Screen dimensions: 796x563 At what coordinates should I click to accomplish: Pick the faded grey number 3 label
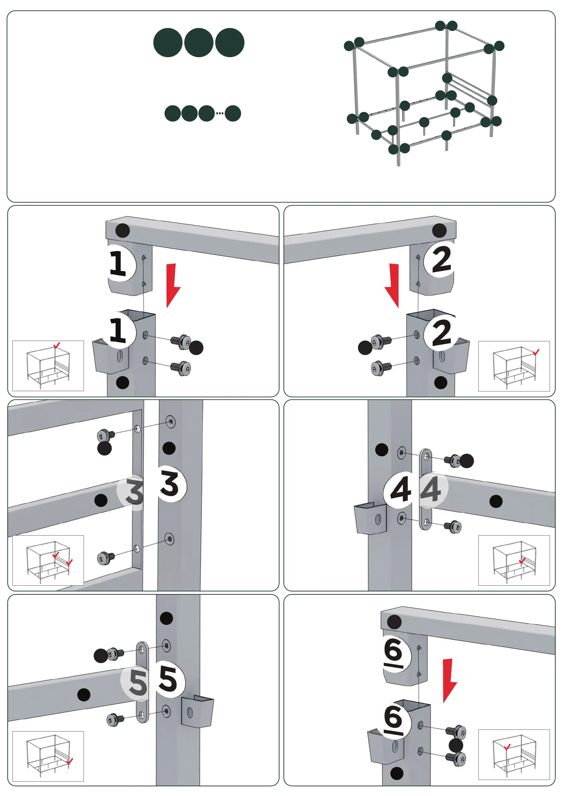click(133, 491)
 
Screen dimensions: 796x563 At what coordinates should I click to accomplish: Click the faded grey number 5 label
click(137, 682)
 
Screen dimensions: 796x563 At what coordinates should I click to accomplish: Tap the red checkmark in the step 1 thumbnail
click(57, 345)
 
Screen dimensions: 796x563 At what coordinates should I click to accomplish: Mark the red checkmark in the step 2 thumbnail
click(536, 352)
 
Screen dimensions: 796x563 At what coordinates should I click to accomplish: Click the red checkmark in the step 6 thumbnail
click(507, 747)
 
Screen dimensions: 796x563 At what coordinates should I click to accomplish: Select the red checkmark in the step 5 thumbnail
click(70, 761)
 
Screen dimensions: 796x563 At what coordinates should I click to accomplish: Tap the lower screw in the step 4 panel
click(453, 527)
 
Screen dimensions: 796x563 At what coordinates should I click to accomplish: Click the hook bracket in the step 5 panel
click(197, 711)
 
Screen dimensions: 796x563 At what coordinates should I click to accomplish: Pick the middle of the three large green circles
click(199, 43)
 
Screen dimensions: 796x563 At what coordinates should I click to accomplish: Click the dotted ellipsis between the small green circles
click(220, 113)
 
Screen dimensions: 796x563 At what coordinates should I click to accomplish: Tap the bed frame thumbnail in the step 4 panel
click(514, 561)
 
